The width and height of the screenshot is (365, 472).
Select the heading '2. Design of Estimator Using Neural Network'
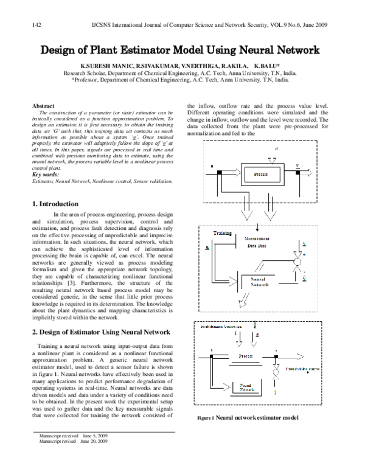click(101, 331)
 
